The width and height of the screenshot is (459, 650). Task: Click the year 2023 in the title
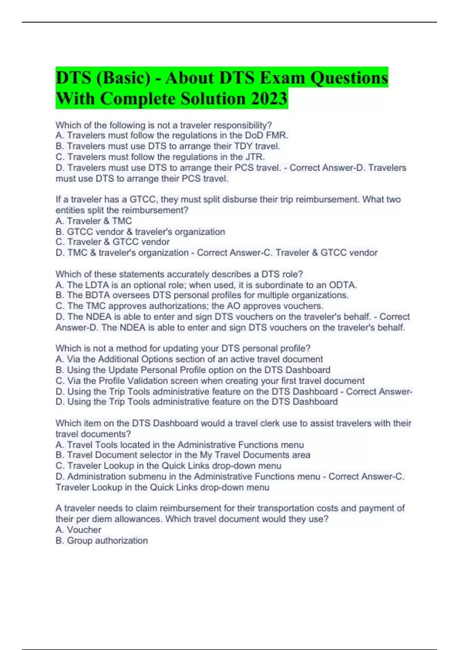(x=269, y=99)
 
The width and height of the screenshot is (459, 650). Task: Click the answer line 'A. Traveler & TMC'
(x=94, y=221)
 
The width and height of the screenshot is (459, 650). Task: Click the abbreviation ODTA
(x=343, y=285)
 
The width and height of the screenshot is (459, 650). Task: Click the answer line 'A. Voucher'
(x=78, y=530)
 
